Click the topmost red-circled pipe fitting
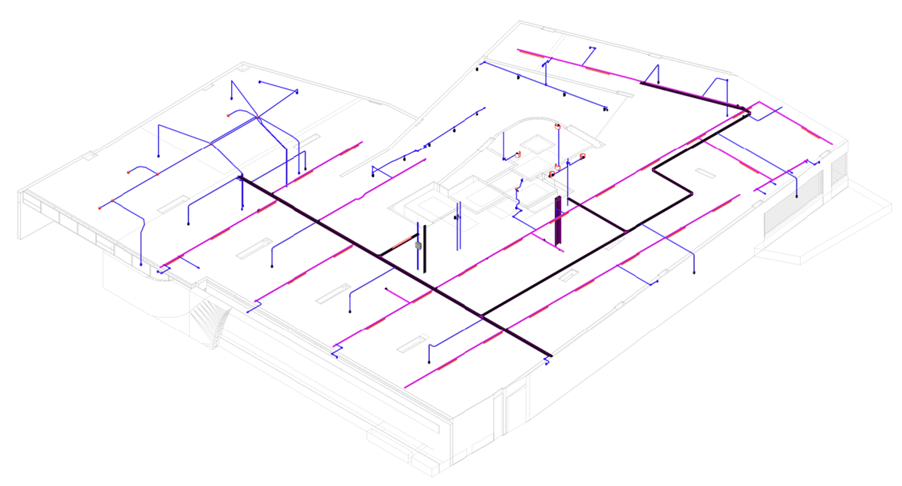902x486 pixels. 558,126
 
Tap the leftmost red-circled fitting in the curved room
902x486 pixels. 519,154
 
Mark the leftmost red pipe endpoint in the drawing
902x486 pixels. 100,208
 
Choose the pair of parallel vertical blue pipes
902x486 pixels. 458,226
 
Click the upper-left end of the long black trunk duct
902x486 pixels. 240,177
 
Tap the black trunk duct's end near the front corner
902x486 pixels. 550,355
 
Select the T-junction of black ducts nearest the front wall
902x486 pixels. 482,315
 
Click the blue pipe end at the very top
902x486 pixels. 590,47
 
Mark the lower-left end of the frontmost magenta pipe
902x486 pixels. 405,388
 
